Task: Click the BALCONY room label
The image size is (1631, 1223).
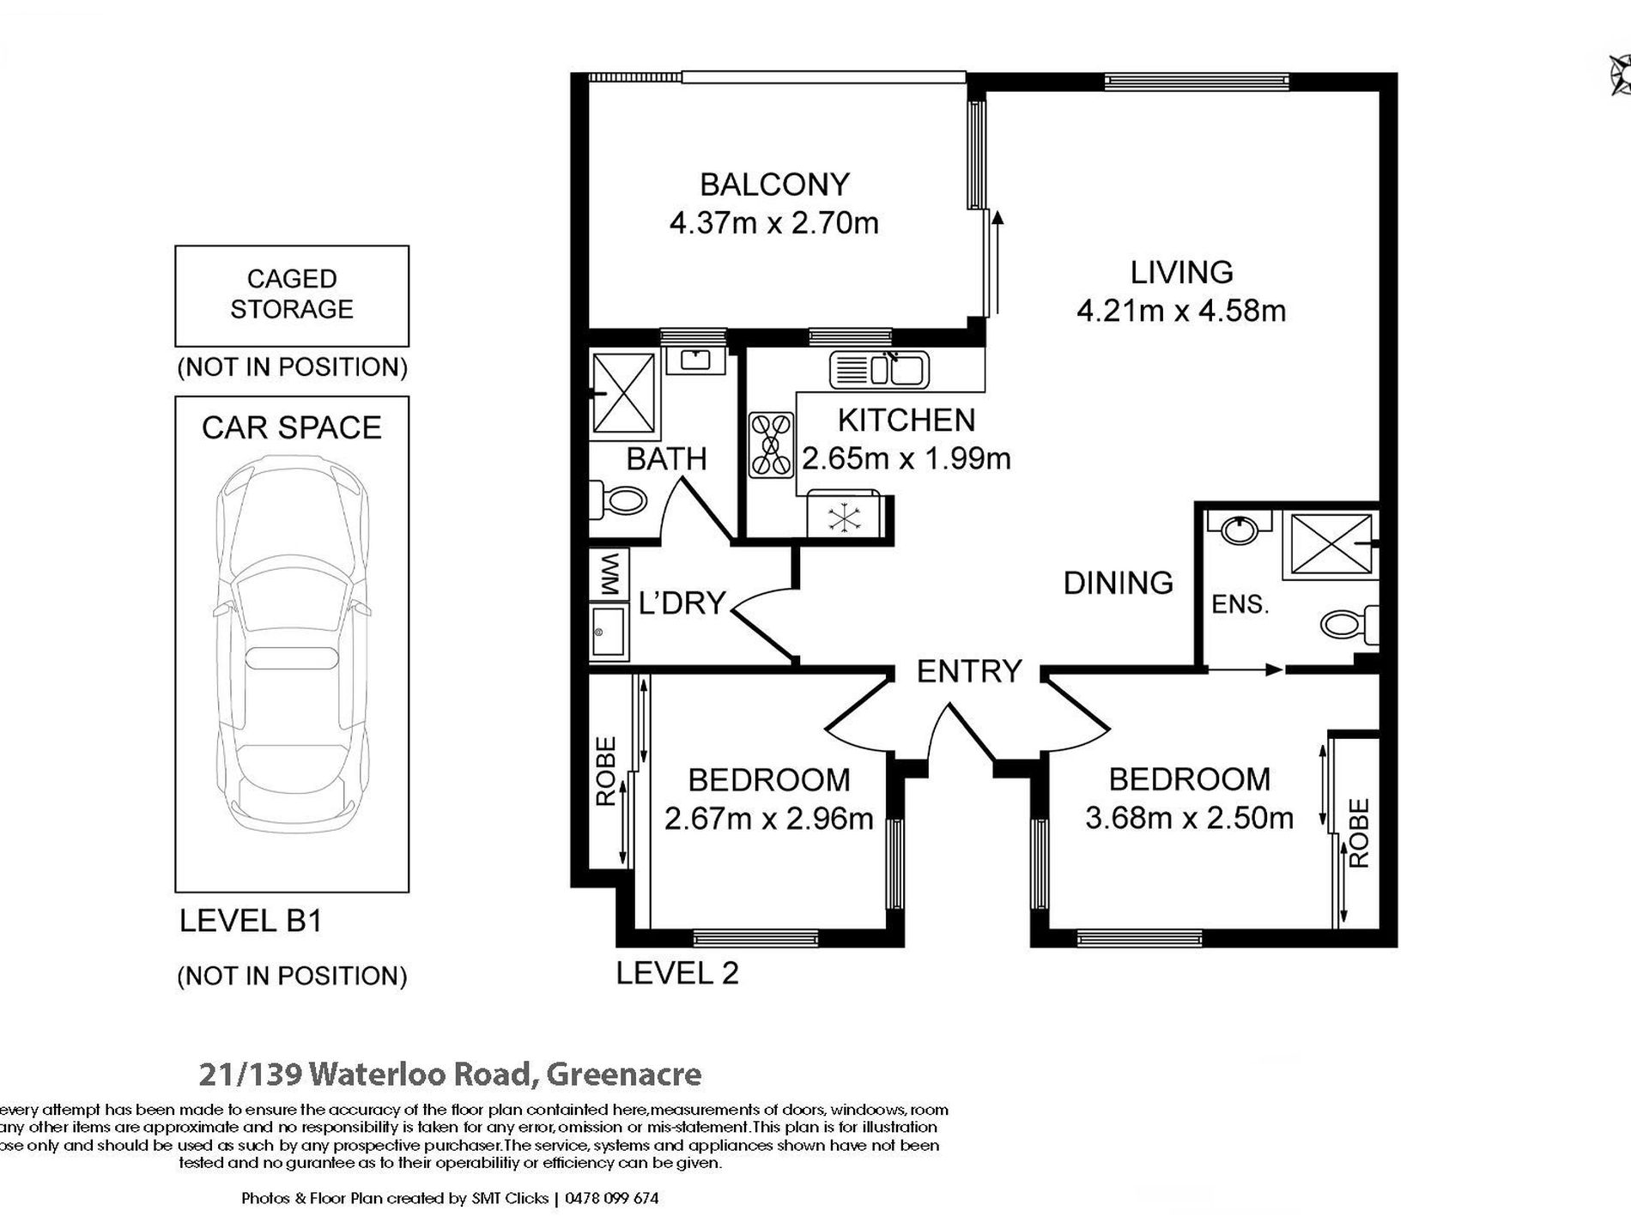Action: (x=774, y=184)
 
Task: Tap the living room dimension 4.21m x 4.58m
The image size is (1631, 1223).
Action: (x=1181, y=310)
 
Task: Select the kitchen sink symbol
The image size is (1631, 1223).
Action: (x=879, y=370)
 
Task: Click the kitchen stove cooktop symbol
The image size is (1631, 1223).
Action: (x=771, y=445)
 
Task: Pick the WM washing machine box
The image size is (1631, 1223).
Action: (x=609, y=574)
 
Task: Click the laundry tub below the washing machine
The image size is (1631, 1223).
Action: (x=609, y=632)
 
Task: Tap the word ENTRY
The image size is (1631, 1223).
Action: (x=969, y=670)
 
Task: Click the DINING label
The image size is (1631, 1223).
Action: (x=1118, y=583)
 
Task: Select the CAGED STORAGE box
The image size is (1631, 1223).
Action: (x=292, y=296)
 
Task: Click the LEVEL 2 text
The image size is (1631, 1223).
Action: (x=677, y=972)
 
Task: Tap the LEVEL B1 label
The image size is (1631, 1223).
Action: (x=251, y=921)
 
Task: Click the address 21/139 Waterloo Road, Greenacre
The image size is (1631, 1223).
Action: (x=450, y=1074)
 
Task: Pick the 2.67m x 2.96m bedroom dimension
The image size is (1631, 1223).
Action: (x=769, y=818)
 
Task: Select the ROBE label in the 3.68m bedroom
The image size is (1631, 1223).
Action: (x=1358, y=833)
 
